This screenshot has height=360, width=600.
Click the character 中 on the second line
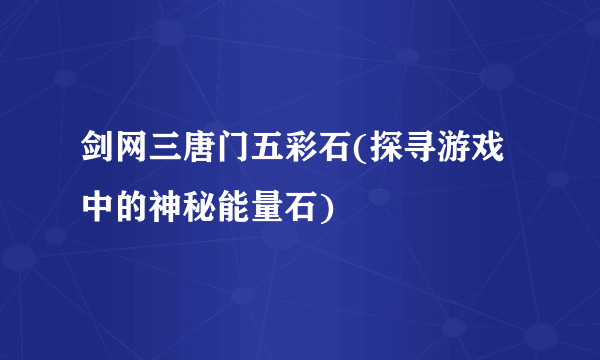(x=100, y=208)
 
